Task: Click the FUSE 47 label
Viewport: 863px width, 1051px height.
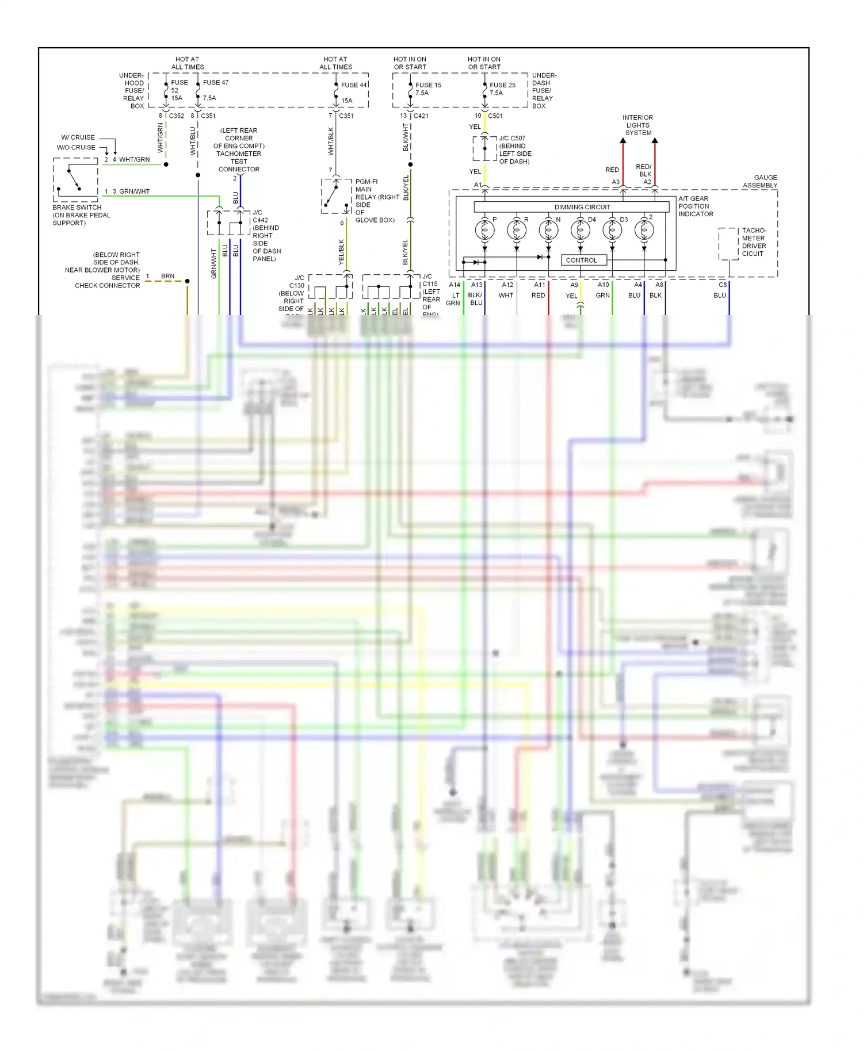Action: (215, 82)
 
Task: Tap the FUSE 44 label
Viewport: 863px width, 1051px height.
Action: (353, 85)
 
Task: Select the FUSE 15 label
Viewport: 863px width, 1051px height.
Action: (428, 85)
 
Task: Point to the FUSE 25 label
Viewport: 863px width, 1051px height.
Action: (502, 85)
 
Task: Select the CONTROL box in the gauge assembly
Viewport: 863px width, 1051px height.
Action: (583, 260)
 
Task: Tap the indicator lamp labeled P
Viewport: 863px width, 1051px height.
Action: (484, 230)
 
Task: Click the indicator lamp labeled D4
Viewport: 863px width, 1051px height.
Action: (580, 230)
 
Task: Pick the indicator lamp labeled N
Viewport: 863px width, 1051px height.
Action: (548, 230)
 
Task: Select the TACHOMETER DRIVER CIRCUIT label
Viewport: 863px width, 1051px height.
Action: (754, 242)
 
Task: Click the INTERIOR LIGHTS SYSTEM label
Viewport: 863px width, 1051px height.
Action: (637, 125)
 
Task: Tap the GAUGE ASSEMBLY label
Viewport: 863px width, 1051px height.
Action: (760, 181)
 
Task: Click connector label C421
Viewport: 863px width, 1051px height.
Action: (421, 116)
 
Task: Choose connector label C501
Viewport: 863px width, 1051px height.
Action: (495, 116)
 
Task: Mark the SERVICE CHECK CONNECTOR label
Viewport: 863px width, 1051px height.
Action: (108, 281)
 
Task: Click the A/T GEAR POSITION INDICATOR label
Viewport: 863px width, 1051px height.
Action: (696, 206)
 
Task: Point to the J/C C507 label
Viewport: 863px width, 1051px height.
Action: (512, 139)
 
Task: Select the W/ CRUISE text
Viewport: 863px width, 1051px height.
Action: (78, 137)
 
